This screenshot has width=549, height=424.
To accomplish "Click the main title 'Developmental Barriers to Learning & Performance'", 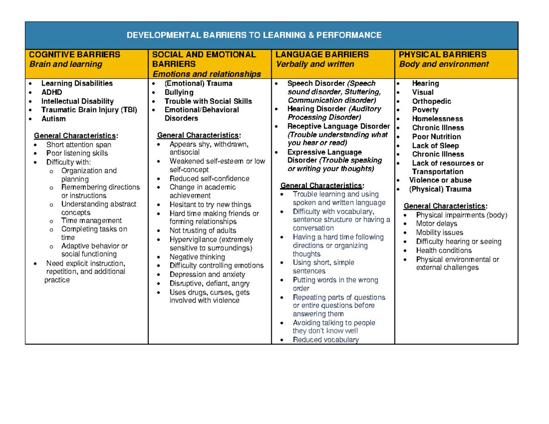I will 253,35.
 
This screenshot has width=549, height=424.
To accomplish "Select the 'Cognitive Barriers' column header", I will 75,54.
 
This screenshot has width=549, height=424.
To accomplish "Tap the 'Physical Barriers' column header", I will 442,54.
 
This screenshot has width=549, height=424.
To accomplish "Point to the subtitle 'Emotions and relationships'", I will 207,74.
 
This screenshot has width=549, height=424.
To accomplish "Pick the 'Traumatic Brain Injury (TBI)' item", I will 89,110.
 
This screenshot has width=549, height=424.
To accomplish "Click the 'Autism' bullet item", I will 53,119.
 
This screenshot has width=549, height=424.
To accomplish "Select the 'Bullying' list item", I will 179,92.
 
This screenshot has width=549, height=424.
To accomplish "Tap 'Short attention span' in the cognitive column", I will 78,145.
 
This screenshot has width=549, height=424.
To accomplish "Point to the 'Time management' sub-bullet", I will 91,220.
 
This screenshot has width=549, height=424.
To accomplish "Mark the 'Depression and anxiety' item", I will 207,274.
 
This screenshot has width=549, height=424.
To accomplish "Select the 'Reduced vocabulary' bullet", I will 326,339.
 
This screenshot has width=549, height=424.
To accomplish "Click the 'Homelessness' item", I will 437,119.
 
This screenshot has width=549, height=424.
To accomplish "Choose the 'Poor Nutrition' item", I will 436,137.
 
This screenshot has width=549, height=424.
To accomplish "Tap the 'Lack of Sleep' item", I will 435,145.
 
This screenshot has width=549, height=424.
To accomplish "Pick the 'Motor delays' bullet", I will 436,224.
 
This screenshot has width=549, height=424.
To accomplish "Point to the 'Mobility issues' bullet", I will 439,233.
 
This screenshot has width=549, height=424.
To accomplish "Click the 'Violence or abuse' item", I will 440,180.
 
